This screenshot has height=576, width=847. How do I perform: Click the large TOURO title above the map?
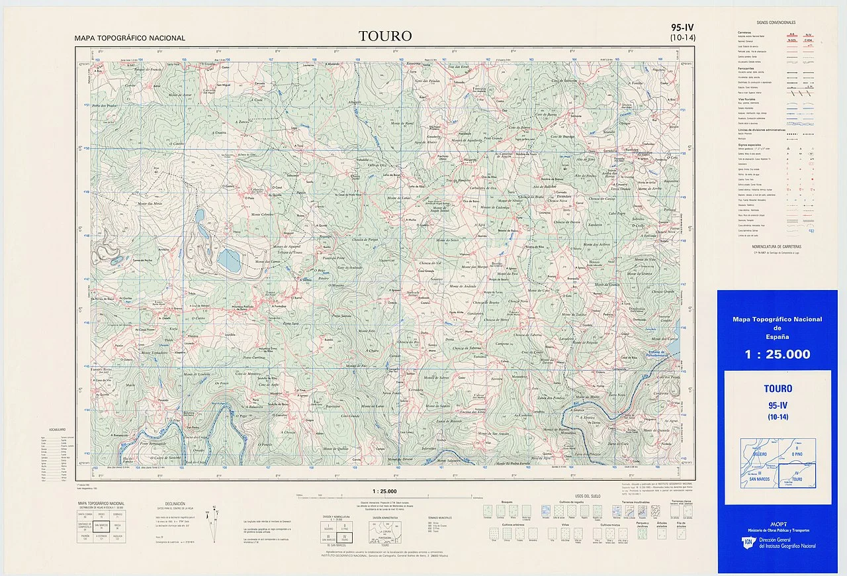click(x=385, y=36)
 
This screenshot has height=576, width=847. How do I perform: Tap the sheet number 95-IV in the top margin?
click(x=682, y=28)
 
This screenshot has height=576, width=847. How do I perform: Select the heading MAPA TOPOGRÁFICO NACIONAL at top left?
click(x=130, y=38)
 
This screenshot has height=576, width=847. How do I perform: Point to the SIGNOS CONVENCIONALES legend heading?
click(x=776, y=23)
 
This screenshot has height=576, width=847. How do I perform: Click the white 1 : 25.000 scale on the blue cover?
click(x=777, y=354)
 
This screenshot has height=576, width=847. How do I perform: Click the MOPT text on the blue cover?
click(x=778, y=524)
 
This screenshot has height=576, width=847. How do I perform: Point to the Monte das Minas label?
click(x=149, y=203)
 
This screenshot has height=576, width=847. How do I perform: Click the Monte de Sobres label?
click(x=437, y=378)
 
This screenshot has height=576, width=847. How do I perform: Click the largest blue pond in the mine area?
click(x=230, y=260)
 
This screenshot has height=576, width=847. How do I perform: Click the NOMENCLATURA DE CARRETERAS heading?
click(x=777, y=245)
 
